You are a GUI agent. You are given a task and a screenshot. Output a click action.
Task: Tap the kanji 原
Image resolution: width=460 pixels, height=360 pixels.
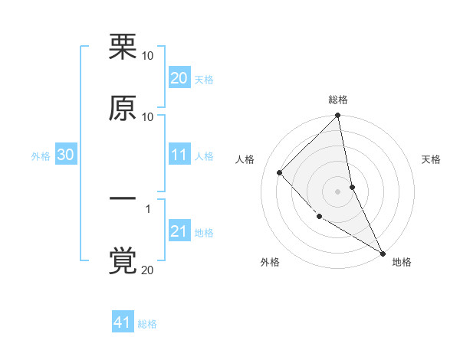click(123, 108)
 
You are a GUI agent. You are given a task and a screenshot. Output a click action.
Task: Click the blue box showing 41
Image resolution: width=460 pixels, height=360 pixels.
click(123, 322)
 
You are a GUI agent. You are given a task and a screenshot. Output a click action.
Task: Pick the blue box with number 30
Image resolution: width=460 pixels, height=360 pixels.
click(66, 155)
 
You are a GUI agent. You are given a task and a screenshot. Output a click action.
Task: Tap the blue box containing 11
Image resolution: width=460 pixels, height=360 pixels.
click(179, 155)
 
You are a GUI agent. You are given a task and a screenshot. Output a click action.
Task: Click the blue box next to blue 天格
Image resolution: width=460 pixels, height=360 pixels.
click(179, 78)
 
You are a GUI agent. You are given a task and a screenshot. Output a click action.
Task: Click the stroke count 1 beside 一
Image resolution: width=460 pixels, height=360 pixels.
click(148, 208)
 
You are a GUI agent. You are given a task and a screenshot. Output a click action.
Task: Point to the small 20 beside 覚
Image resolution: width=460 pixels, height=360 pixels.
click(146, 270)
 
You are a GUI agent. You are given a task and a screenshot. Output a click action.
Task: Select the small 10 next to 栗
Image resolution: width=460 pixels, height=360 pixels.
click(147, 55)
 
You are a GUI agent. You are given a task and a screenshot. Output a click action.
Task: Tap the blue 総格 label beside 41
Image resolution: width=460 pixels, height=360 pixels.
click(148, 324)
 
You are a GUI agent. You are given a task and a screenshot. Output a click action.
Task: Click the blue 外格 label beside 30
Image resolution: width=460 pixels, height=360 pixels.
click(41, 156)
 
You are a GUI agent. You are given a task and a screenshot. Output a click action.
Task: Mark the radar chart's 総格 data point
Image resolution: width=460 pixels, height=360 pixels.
click(337, 116)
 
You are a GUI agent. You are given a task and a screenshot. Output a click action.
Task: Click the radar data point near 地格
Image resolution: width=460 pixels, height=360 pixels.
click(382, 252)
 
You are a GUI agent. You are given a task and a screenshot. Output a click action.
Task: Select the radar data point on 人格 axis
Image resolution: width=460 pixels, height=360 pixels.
click(280, 172)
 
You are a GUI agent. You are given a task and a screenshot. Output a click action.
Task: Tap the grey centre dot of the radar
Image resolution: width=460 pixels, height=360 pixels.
click(337, 191)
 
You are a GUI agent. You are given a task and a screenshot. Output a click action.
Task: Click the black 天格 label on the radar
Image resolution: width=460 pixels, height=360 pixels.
click(431, 159)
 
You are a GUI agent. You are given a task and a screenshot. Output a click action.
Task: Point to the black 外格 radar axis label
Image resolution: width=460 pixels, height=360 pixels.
click(270, 262)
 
